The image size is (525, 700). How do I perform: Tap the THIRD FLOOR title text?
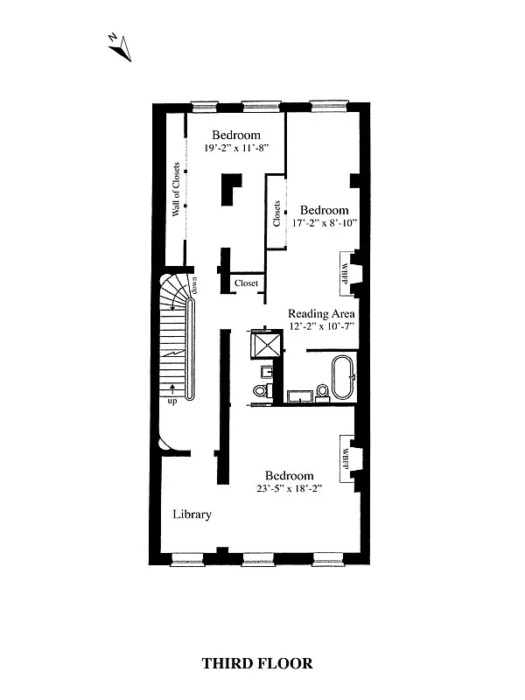click(x=257, y=663)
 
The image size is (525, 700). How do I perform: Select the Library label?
click(x=192, y=514)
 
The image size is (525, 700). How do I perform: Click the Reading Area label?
click(x=321, y=313)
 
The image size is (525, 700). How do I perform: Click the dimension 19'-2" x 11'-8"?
click(x=235, y=149)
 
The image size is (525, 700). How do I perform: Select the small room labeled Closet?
click(x=246, y=283)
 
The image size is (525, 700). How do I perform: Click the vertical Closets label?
click(x=276, y=213)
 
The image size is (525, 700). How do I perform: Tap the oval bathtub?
click(x=340, y=375)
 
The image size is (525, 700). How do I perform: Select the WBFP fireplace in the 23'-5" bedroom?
click(x=345, y=456)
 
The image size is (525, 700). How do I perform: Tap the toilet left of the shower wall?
click(x=261, y=390)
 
